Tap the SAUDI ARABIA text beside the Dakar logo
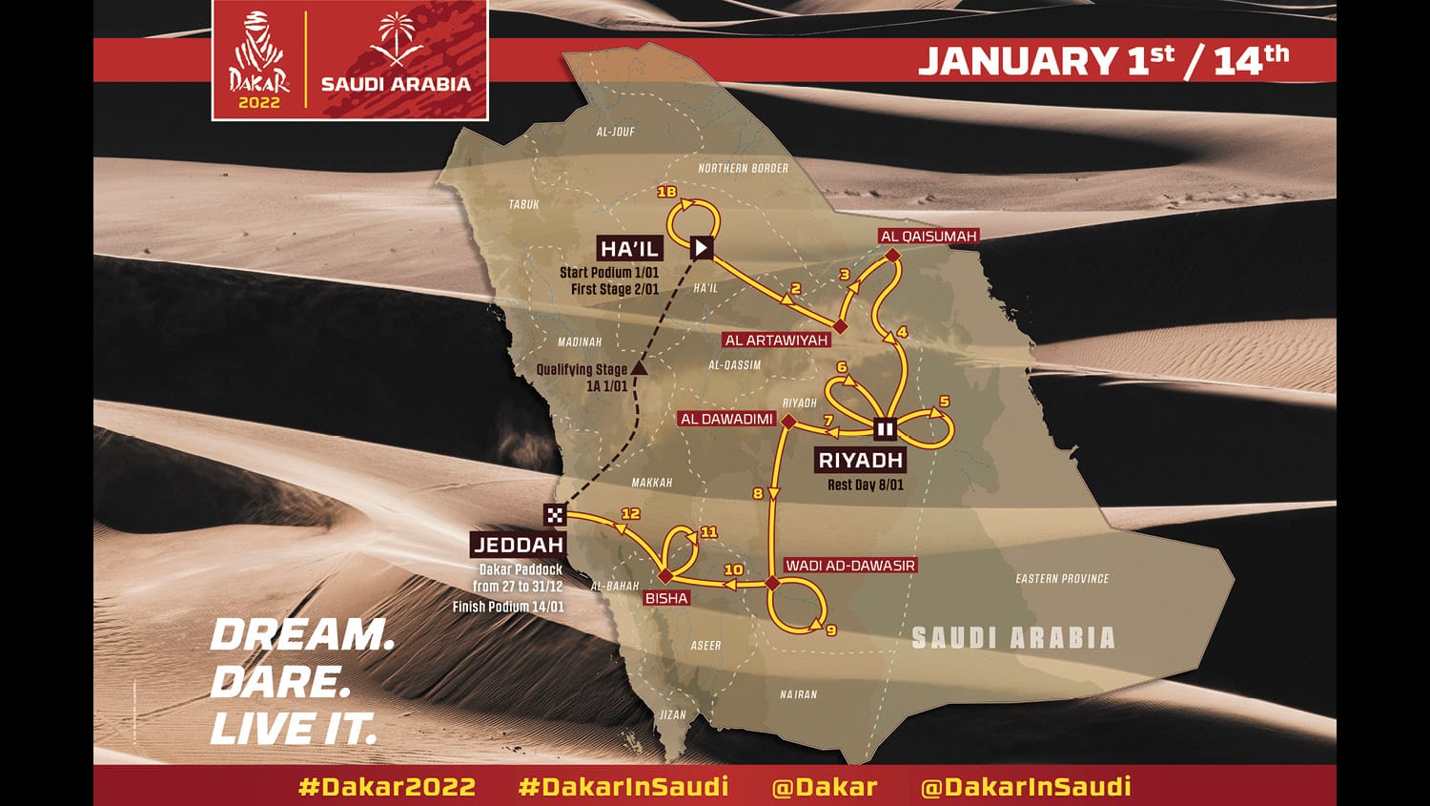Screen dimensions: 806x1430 396,83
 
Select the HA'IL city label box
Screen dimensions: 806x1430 629,249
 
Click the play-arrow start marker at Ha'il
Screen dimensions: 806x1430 702,248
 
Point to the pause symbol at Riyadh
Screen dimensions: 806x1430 885,429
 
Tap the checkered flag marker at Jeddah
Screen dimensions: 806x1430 555,515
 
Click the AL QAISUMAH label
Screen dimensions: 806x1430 929,237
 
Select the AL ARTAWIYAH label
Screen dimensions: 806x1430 776,340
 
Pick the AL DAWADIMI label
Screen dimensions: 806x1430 726,419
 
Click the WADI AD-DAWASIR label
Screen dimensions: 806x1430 849,566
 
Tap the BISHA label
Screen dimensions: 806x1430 666,598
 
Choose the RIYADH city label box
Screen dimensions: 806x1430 860,460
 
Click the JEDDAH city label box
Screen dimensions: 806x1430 519,545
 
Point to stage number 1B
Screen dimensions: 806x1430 666,193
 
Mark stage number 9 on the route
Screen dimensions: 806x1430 831,630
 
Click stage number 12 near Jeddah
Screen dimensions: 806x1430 630,513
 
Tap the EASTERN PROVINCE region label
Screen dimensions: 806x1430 1062,578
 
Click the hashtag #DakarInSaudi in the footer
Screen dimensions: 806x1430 623,786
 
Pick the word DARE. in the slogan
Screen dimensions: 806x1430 280,682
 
